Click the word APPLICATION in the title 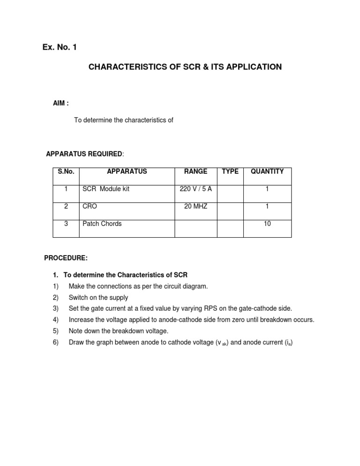tap(253, 67)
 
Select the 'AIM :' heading tap(61, 103)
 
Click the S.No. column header tap(66, 172)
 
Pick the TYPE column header tap(230, 172)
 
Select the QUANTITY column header tap(267, 172)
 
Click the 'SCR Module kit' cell tap(106, 189)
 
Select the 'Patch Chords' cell tap(102, 224)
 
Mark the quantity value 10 tap(267, 224)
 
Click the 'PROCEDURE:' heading tap(66, 258)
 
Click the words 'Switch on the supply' tap(98, 297)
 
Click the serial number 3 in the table tap(66, 224)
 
